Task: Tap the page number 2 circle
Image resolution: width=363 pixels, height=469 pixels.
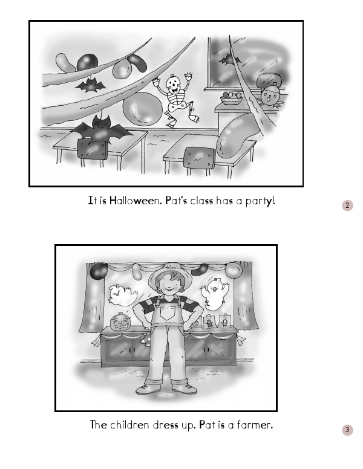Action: pos(347,205)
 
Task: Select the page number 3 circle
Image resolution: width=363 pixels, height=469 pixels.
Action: pos(347,430)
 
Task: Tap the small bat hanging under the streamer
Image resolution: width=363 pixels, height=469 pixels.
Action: pos(90,85)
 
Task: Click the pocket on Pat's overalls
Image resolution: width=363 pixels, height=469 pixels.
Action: pos(167,313)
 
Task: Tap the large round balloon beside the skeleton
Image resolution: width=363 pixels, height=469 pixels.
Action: pos(143,108)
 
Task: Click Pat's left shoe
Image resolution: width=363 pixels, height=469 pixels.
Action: pos(185,389)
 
